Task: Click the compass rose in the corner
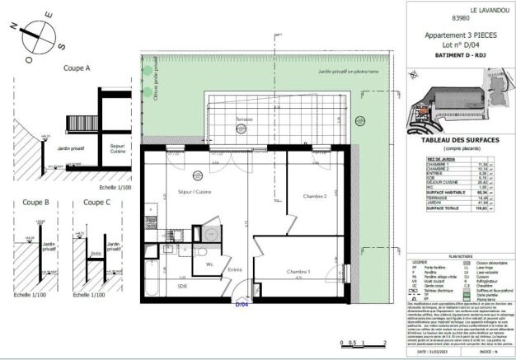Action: coord(35,34)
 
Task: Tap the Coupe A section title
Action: coord(77,69)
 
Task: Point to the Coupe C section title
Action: coord(96,202)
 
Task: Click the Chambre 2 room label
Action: coord(316,197)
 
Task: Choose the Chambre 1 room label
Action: coord(298,272)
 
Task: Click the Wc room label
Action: coord(210,264)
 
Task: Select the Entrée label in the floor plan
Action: coord(235,270)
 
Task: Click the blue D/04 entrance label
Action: coord(242,305)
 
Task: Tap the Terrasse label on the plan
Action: coord(244,119)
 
